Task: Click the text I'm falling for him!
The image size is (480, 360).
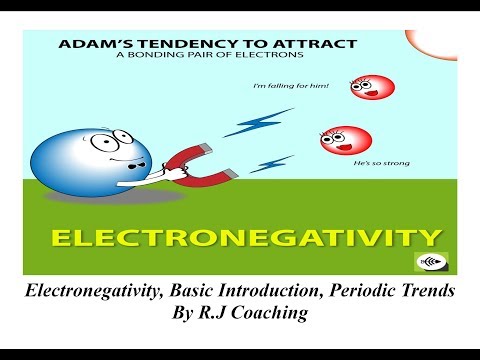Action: (x=293, y=85)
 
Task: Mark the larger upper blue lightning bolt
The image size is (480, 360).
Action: (x=245, y=124)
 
